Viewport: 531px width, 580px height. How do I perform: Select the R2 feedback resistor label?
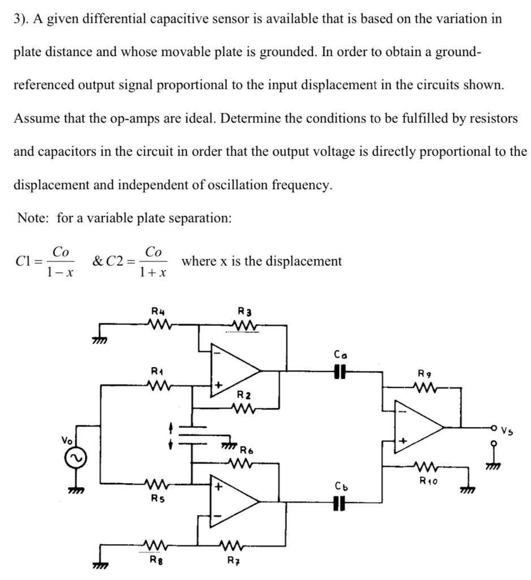click(245, 394)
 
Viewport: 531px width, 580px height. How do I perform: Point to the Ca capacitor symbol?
click(340, 371)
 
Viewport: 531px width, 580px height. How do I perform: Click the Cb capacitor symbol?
click(340, 502)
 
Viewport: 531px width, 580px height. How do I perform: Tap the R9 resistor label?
click(423, 374)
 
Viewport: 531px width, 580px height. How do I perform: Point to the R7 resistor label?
click(232, 560)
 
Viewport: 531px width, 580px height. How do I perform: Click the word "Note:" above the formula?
click(34, 218)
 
